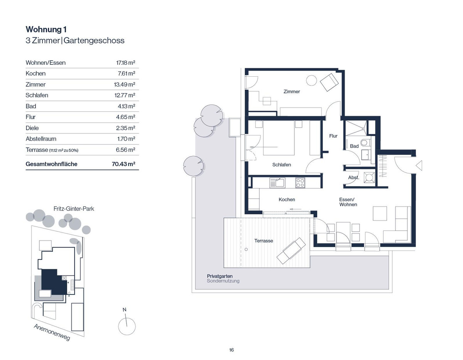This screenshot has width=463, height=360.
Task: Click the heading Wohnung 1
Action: pyautogui.click(x=46, y=30)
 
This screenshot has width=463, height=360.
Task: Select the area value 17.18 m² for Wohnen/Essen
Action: pyautogui.click(x=125, y=63)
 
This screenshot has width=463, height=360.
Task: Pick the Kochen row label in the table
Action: pyautogui.click(x=35, y=73)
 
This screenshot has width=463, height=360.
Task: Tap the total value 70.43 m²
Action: pyautogui.click(x=123, y=164)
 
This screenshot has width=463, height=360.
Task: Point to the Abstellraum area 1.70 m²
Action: pyautogui.click(x=126, y=139)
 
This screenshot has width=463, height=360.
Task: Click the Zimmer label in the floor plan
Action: pyautogui.click(x=291, y=92)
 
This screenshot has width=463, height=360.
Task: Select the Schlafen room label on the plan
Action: pyautogui.click(x=281, y=165)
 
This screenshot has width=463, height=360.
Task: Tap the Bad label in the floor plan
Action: pyautogui.click(x=354, y=146)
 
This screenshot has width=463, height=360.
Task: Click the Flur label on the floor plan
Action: pyautogui.click(x=333, y=136)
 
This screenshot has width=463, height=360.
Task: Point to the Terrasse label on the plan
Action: pyautogui.click(x=264, y=241)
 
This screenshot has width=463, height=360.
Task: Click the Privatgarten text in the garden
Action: pyautogui.click(x=220, y=276)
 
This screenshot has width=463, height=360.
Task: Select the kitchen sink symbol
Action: pyautogui.click(x=277, y=183)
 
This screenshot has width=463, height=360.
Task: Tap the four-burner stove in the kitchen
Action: pyautogui.click(x=300, y=183)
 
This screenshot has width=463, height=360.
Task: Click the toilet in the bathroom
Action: pyautogui.click(x=365, y=143)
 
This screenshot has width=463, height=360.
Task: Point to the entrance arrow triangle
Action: pyautogui.click(x=419, y=165)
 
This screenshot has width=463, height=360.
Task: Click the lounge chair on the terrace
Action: pyautogui.click(x=291, y=251)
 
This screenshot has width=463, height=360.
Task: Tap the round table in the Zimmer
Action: pyautogui.click(x=311, y=81)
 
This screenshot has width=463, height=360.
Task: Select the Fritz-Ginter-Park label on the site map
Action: pyautogui.click(x=74, y=209)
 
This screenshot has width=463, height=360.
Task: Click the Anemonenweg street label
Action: pyautogui.click(x=52, y=333)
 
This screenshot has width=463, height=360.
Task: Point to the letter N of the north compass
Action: pyautogui.click(x=125, y=310)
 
